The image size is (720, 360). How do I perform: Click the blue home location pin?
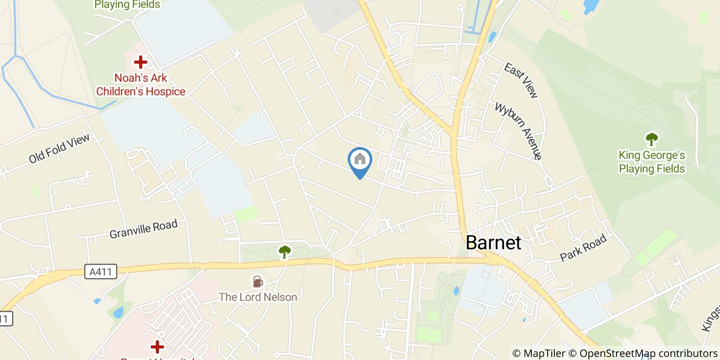[360, 163]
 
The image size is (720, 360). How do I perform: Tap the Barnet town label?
[493, 243]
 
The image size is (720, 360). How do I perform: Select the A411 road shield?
[101, 272]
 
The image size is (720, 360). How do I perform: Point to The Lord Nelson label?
[258, 297]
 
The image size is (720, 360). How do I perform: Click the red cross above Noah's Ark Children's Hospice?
[140, 63]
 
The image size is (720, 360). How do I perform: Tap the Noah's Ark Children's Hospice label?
[140, 85]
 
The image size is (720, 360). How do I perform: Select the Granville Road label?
[143, 229]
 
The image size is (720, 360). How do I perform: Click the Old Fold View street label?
[59, 149]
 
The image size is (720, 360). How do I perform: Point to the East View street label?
[521, 80]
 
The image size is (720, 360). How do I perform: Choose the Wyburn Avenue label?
[518, 131]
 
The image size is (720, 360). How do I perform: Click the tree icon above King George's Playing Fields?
[652, 139]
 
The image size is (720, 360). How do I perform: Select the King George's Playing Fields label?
[652, 161]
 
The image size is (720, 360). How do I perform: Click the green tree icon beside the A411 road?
[284, 251]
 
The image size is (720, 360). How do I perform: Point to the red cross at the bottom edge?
[157, 347]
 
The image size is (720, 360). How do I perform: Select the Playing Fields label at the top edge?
[127, 5]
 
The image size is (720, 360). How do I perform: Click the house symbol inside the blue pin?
[360, 158]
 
